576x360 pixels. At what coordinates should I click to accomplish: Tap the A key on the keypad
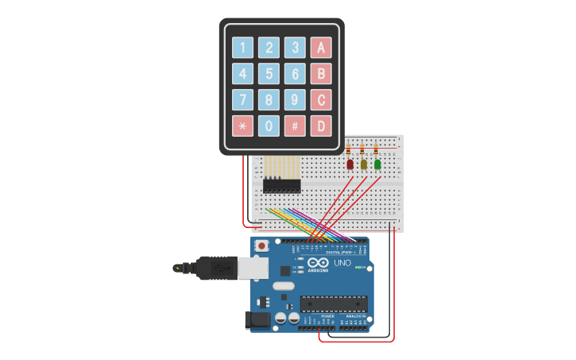(x=320, y=48)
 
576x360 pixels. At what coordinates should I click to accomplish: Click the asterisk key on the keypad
(x=242, y=126)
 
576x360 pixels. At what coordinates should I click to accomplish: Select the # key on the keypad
(x=295, y=126)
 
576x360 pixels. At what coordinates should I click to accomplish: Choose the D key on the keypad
(x=320, y=126)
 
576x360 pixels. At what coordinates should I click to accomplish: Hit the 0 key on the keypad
(x=269, y=126)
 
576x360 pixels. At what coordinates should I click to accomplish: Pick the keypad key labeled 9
(x=295, y=100)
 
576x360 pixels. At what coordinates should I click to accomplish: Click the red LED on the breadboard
(x=350, y=165)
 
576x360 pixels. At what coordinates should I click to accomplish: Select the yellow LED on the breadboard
(x=363, y=165)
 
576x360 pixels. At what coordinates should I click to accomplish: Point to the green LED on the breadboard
(x=377, y=165)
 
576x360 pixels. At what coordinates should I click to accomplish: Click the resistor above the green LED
(x=377, y=149)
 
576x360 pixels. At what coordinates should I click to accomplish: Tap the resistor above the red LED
(x=349, y=149)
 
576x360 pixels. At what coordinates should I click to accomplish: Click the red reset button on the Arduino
(x=261, y=246)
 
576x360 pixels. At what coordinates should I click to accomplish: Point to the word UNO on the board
(x=342, y=263)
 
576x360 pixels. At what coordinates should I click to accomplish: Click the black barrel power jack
(x=256, y=319)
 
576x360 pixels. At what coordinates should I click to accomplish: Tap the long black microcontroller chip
(x=333, y=304)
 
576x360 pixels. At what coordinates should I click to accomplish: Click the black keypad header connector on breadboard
(x=282, y=186)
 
